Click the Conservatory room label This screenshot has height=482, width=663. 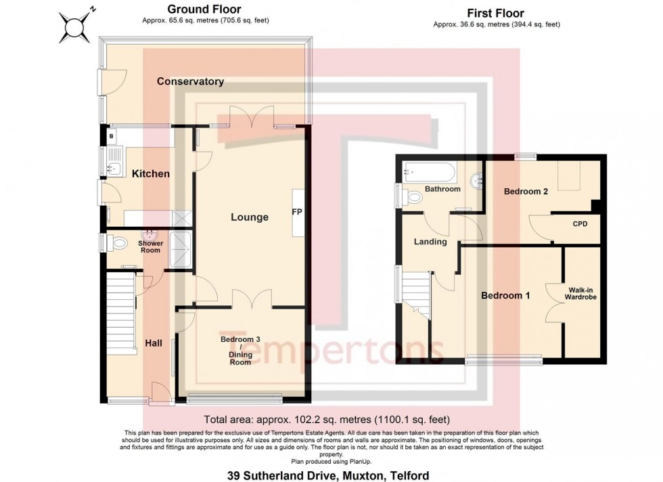tap(190, 81)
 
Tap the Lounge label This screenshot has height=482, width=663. tap(250, 217)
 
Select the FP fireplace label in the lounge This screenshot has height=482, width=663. tap(296, 212)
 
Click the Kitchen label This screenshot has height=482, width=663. tap(150, 174)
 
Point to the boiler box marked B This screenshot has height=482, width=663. tap(111, 136)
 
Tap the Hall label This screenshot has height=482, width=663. tap(154, 343)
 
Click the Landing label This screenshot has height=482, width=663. tap(430, 242)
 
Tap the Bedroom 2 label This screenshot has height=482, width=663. tap(526, 192)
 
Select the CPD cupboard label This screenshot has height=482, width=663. tap(580, 223)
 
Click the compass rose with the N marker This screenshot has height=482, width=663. tap(74, 26)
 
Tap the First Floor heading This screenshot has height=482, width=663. tap(495, 13)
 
